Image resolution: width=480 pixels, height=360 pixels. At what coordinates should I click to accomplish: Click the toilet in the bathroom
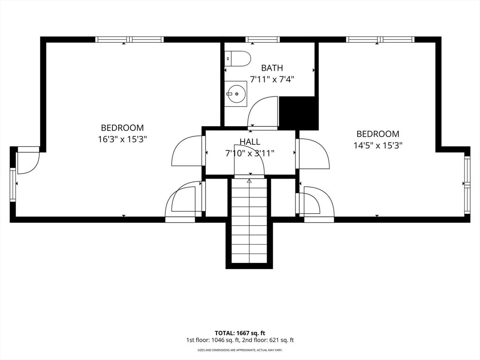click(238, 59)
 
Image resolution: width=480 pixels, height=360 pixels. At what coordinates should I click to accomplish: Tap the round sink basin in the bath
click(236, 94)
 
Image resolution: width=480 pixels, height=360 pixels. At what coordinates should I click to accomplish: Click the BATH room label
click(272, 67)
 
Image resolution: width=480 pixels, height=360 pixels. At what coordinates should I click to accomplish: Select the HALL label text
click(250, 142)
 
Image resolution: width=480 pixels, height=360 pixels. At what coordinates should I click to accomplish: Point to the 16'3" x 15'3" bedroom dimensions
click(122, 139)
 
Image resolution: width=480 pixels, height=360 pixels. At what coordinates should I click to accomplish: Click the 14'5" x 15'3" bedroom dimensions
click(378, 145)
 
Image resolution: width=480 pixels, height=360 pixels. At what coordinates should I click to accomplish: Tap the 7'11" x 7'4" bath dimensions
click(272, 80)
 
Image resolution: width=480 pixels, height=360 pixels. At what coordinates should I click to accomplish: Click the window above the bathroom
click(262, 39)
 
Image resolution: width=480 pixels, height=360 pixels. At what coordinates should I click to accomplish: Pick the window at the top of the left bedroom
click(129, 39)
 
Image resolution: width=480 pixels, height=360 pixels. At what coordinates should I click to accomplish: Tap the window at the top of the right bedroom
click(380, 39)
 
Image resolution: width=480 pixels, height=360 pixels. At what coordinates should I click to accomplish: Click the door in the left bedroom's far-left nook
click(28, 160)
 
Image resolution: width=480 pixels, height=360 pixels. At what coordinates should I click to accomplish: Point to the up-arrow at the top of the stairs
click(249, 181)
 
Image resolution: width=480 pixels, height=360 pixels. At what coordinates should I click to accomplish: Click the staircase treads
click(249, 221)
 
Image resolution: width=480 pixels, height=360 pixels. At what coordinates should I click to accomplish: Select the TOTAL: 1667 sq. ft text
click(240, 333)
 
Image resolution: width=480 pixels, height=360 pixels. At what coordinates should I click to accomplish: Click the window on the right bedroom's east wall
click(467, 185)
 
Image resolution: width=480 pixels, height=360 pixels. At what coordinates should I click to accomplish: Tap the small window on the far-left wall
click(13, 185)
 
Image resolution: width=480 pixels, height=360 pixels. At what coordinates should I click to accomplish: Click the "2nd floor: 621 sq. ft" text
click(268, 340)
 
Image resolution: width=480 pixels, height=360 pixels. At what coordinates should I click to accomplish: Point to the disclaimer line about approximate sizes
click(240, 350)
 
